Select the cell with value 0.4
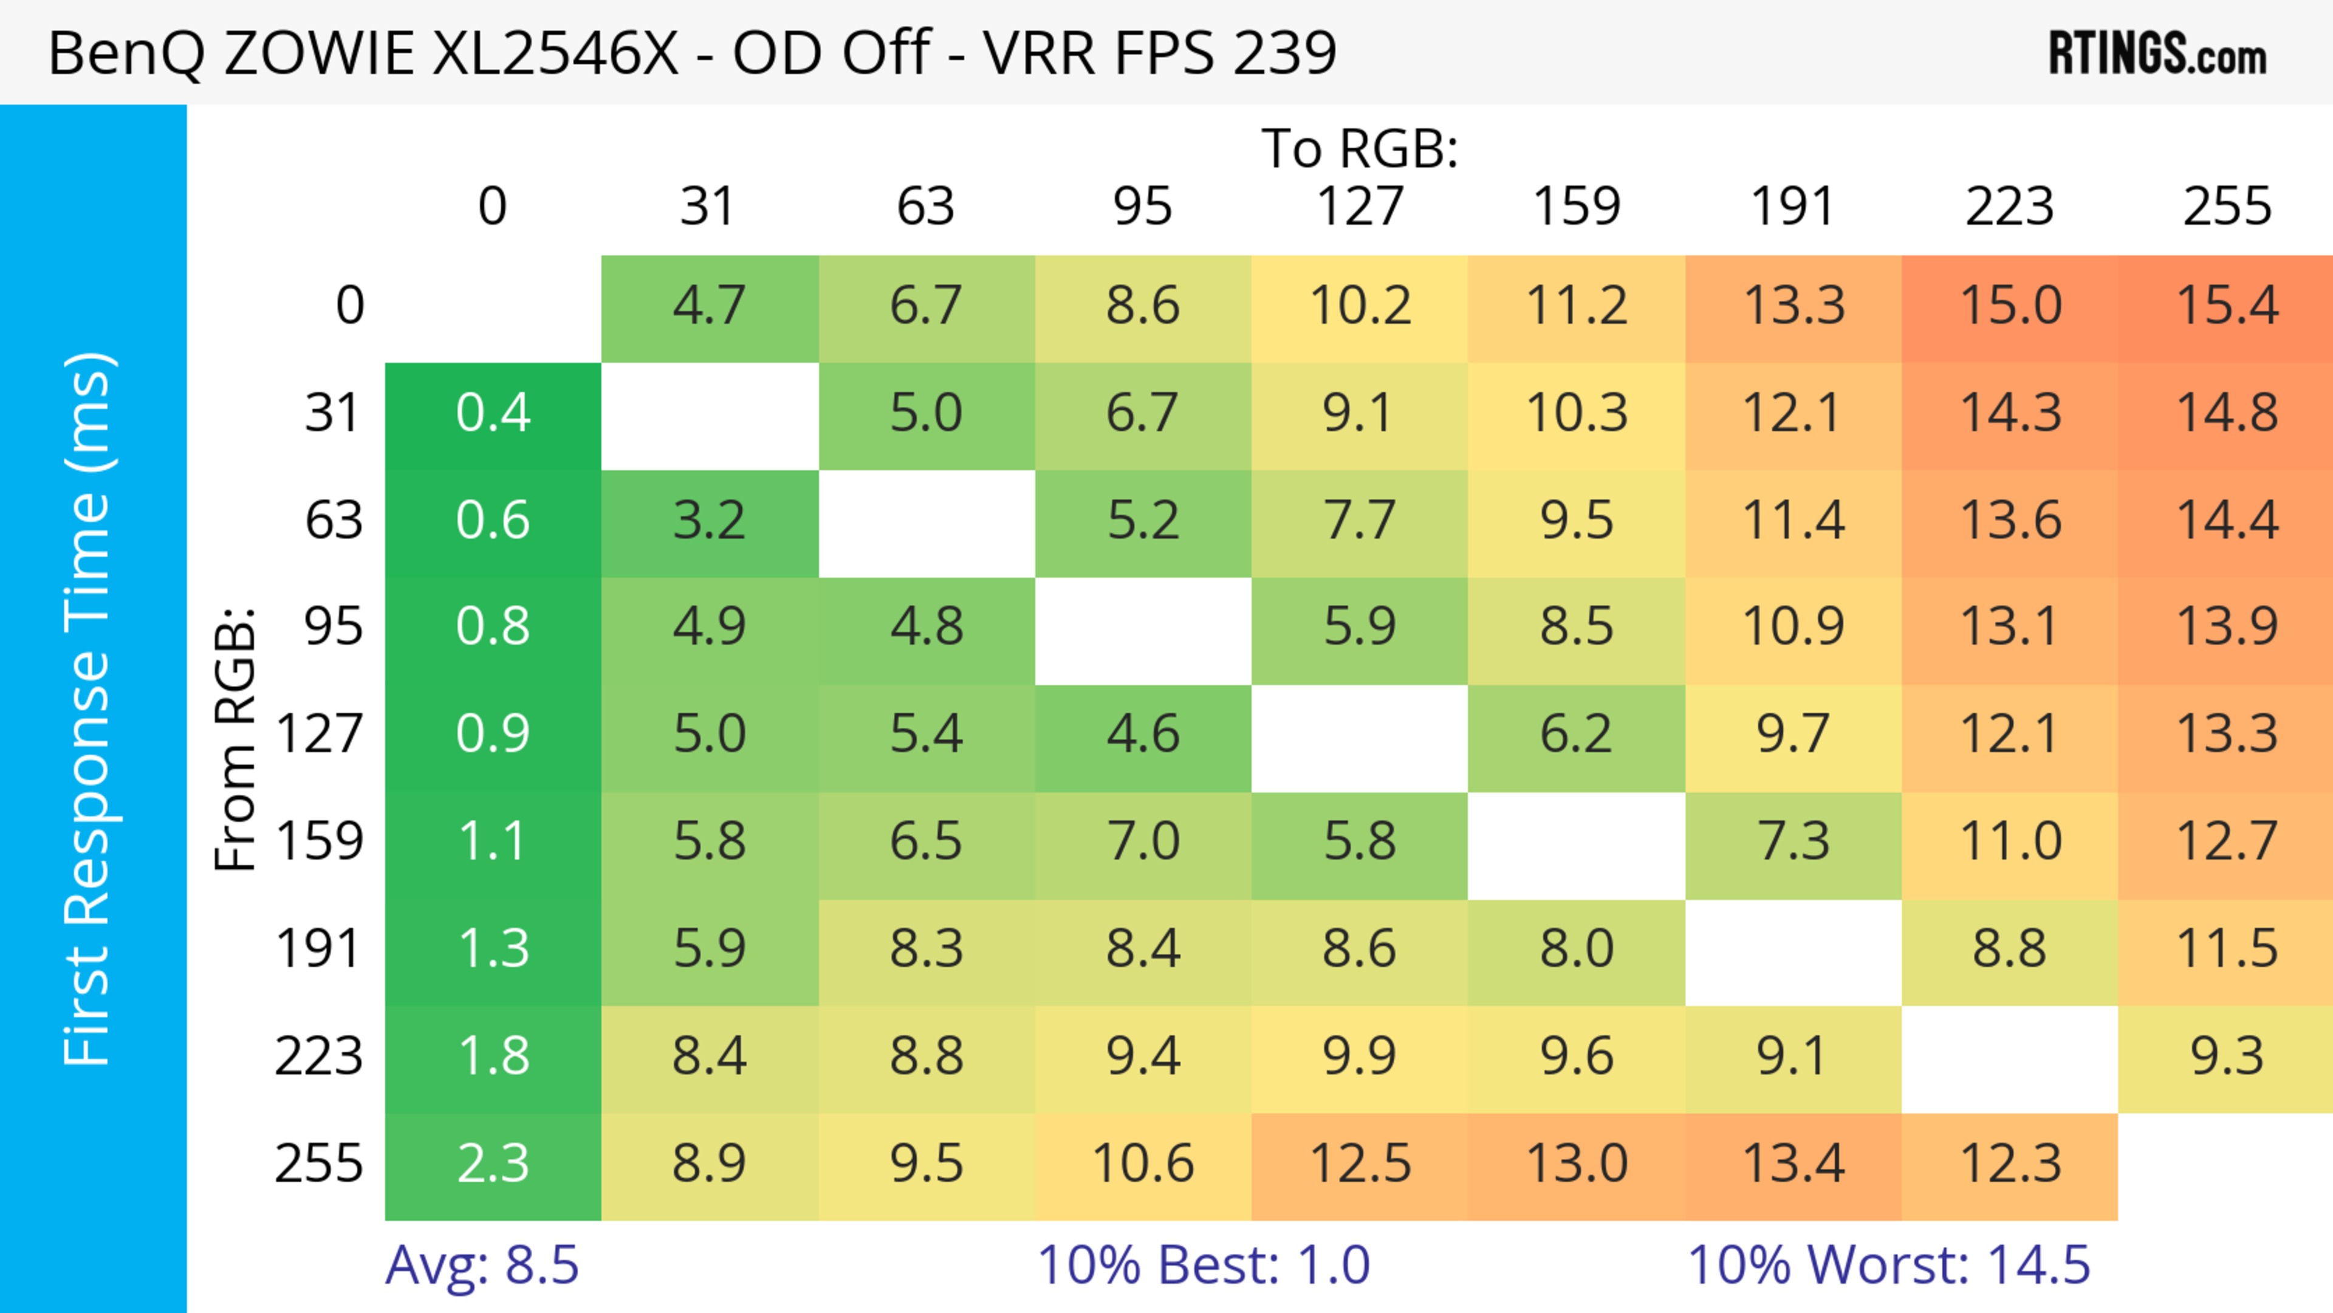(x=493, y=413)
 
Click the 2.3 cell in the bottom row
(x=493, y=1164)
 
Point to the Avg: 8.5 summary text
(x=482, y=1265)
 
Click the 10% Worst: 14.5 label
(x=1888, y=1265)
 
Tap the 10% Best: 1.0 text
(x=1203, y=1265)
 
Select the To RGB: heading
(x=1360, y=148)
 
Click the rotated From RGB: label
(x=236, y=739)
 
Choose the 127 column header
(x=1360, y=207)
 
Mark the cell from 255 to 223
(x=2010, y=1164)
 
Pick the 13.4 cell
(x=1793, y=1164)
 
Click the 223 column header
(x=2010, y=207)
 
